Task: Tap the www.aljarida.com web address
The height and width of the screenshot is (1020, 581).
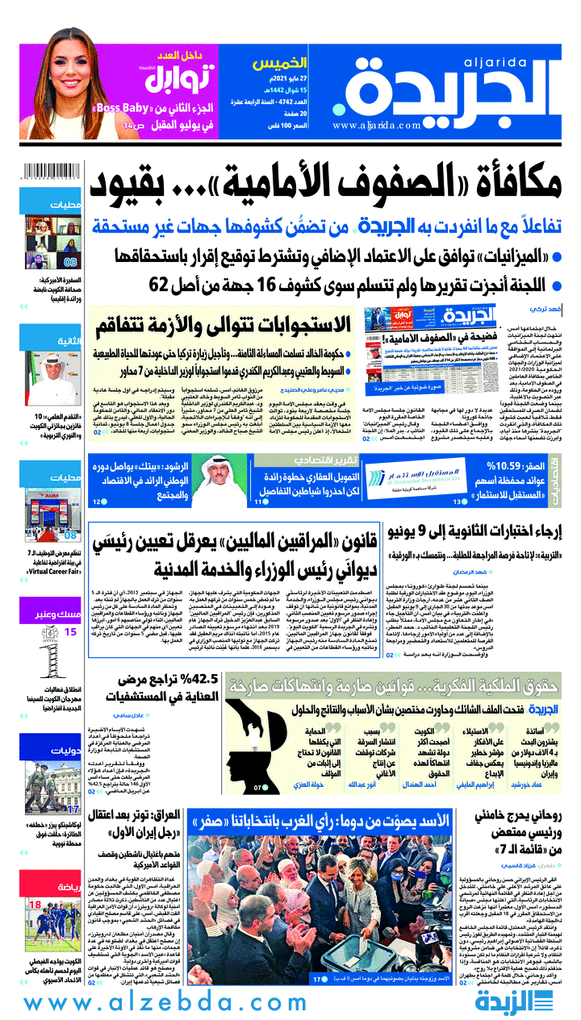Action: coord(376,126)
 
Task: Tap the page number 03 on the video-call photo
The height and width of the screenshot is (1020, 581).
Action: coord(70,261)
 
